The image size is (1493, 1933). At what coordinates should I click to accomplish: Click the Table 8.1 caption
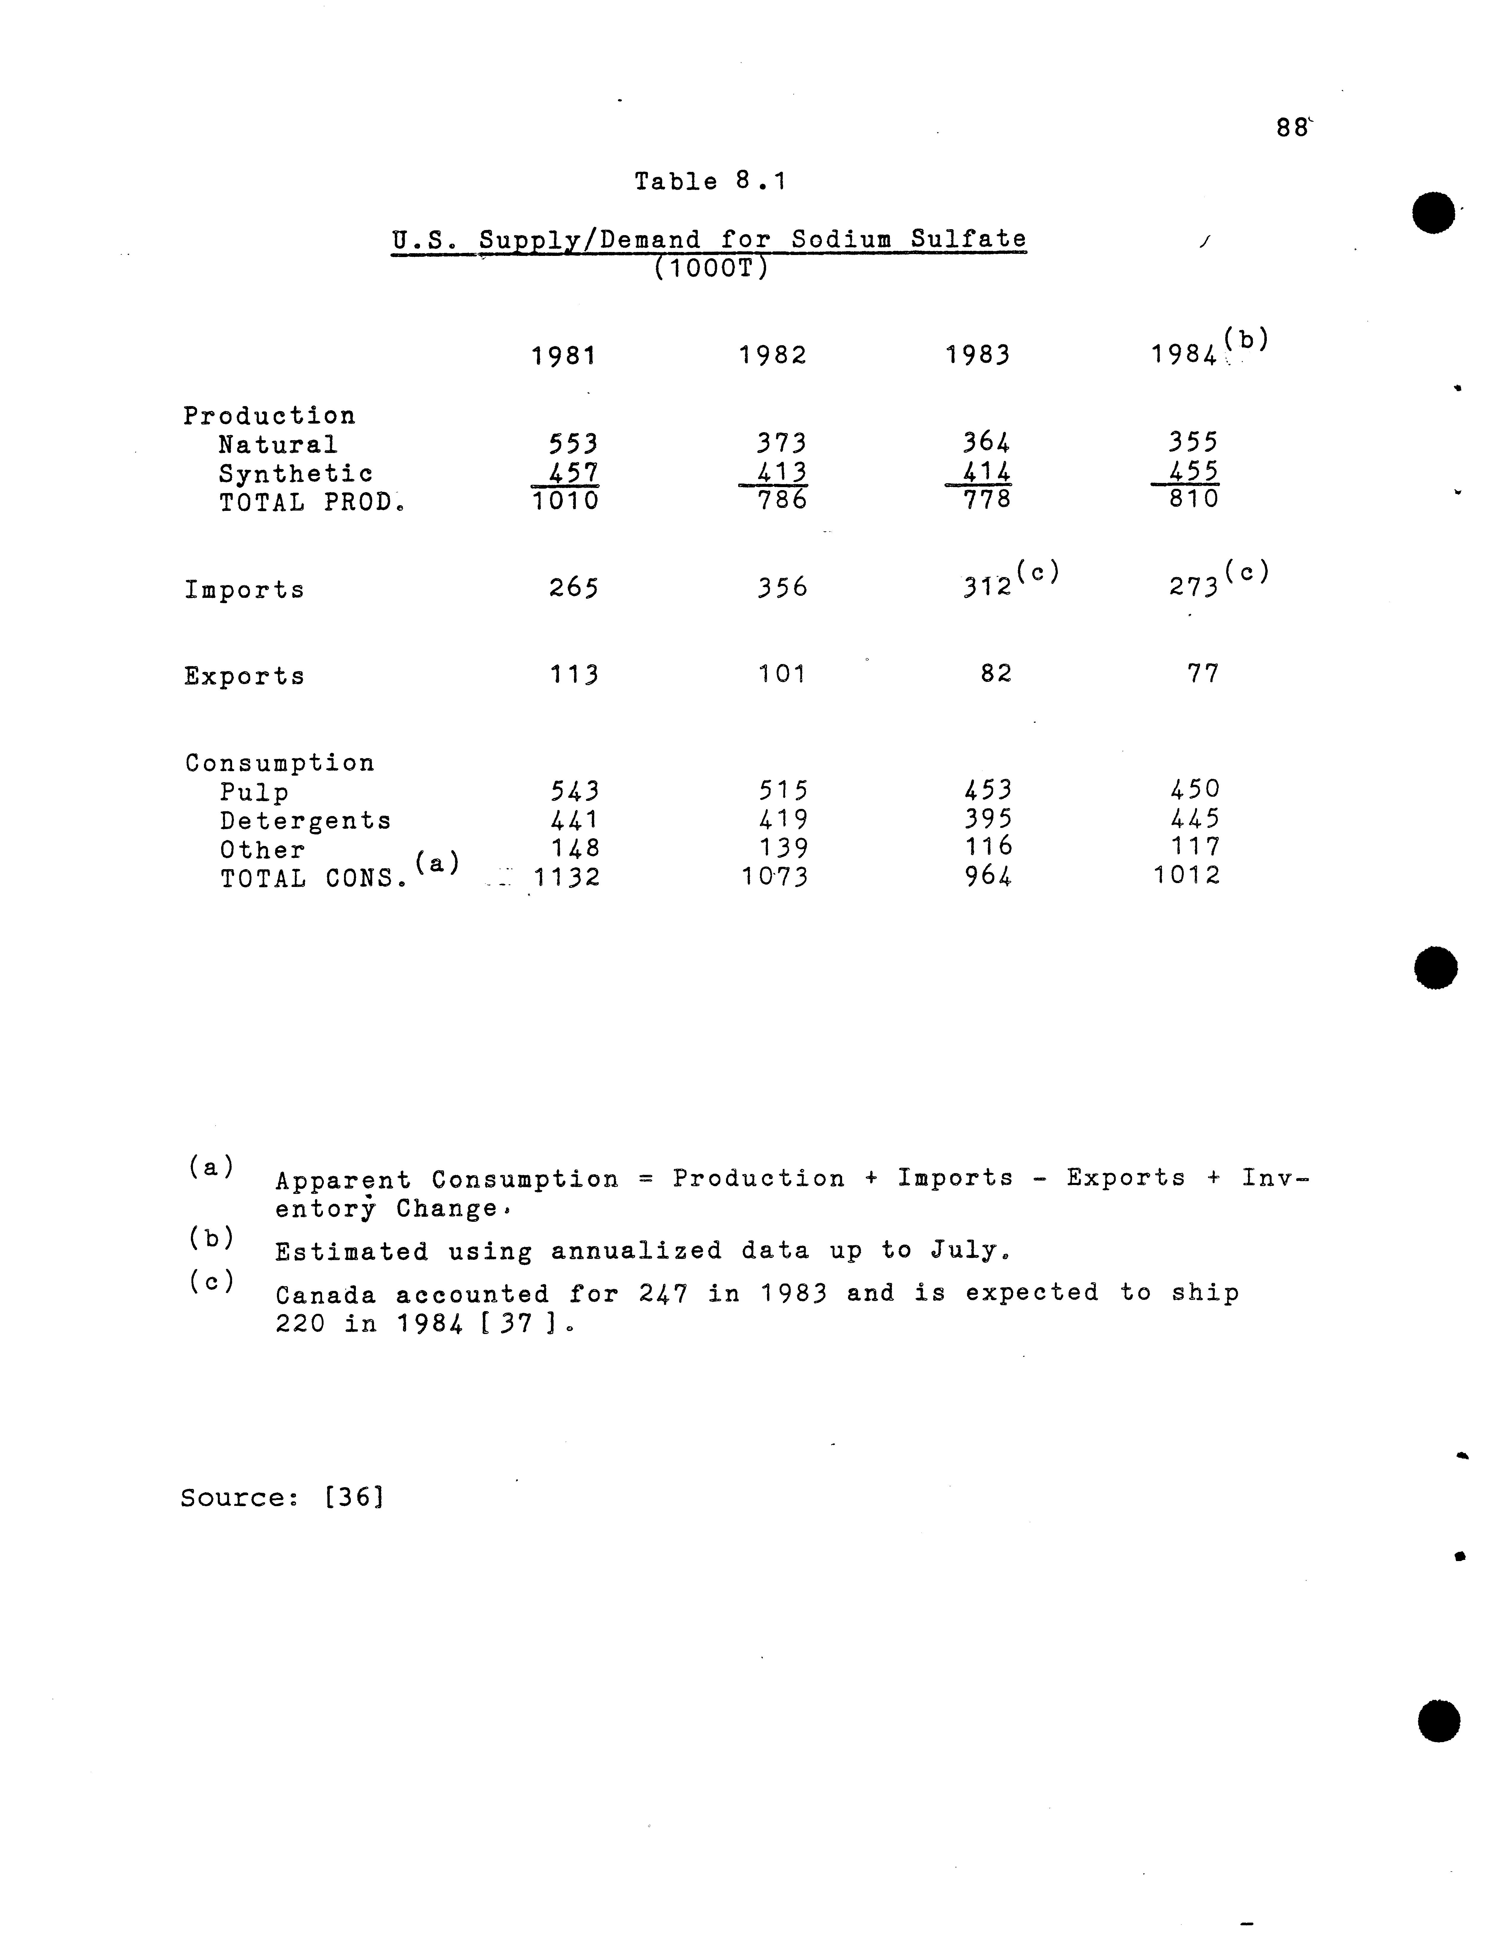tap(710, 181)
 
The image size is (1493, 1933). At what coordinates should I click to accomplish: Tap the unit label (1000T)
tap(710, 267)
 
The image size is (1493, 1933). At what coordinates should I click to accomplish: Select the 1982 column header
tap(773, 356)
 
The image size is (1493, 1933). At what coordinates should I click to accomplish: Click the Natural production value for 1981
tap(573, 443)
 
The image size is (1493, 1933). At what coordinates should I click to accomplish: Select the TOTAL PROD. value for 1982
tap(782, 500)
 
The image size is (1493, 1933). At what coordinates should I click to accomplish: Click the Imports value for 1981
tap(573, 588)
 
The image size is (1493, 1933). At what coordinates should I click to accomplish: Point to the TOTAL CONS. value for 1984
tap(1187, 875)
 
